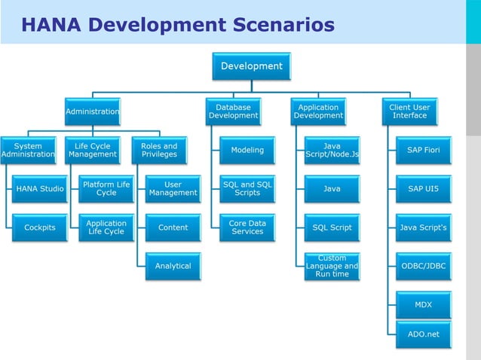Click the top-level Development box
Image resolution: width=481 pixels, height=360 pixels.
(x=251, y=66)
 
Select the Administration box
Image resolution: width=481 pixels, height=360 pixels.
(x=92, y=111)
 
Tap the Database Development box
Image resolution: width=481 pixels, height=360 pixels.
(x=233, y=111)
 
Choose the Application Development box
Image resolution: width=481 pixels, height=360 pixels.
(x=318, y=111)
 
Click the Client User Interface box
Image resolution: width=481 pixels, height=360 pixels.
(x=409, y=111)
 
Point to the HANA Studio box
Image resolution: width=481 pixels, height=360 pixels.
(x=40, y=189)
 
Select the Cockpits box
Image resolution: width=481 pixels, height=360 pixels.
(x=40, y=227)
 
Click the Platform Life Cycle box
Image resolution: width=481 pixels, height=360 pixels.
(x=106, y=189)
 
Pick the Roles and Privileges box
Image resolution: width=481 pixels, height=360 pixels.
(x=159, y=150)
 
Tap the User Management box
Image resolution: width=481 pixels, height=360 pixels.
(x=173, y=189)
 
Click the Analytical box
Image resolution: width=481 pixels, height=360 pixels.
(x=173, y=266)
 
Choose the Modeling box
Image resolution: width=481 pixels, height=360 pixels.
(x=247, y=150)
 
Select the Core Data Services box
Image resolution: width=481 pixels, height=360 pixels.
(x=247, y=227)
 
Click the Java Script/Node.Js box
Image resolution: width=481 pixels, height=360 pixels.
(x=332, y=150)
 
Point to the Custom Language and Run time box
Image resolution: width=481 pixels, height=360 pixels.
(x=332, y=266)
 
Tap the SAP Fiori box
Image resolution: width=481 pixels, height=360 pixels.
(x=423, y=150)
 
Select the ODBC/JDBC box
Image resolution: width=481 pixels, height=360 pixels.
(x=423, y=266)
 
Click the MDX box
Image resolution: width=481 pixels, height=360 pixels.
(x=423, y=305)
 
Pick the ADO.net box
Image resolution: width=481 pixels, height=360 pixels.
(x=423, y=334)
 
